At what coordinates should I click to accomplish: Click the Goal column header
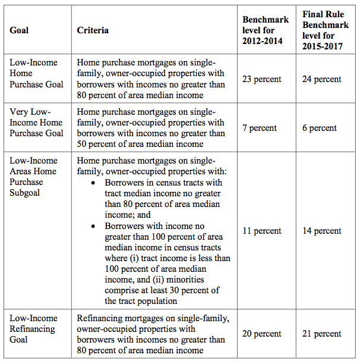[19, 30]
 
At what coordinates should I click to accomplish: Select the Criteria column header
[93, 30]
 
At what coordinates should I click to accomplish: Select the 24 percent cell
[322, 79]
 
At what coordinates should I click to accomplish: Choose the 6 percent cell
[320, 128]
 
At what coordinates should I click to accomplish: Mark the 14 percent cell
[322, 231]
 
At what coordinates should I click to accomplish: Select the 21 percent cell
[322, 334]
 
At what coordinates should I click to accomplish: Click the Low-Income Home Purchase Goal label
[36, 74]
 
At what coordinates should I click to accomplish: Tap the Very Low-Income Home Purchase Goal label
[36, 123]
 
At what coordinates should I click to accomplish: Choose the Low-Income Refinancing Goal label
[33, 328]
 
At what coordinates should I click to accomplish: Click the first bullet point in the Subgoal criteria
[93, 183]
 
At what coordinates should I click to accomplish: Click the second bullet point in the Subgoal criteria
[93, 226]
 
